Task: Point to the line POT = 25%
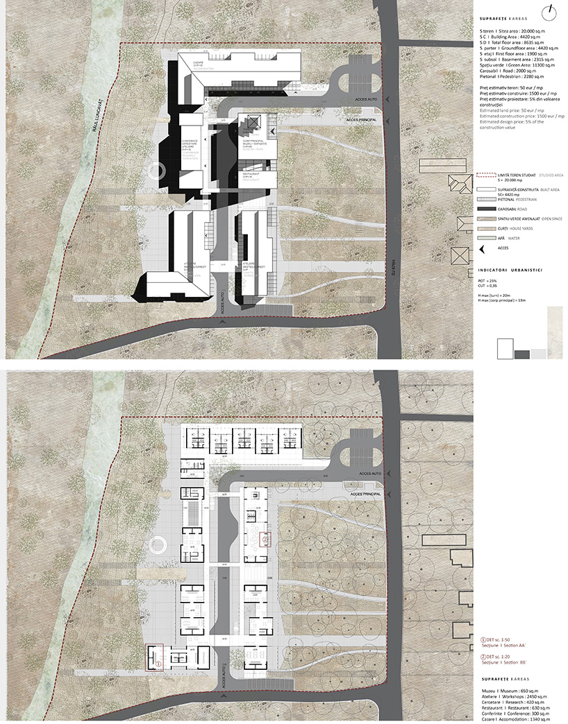(488, 279)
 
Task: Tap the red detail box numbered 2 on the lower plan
(265, 539)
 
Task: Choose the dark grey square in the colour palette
(522, 354)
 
